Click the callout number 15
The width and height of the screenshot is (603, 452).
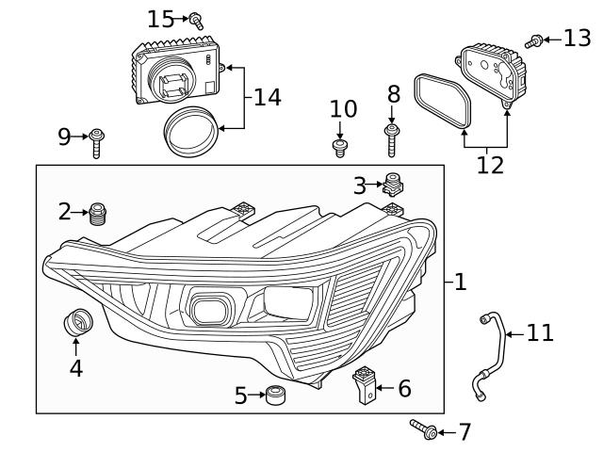tap(161, 18)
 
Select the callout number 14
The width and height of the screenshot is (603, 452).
tap(268, 97)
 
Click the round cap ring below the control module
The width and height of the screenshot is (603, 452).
tap(190, 131)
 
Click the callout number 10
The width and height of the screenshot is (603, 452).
tap(343, 109)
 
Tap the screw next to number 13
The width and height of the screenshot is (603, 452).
tap(534, 40)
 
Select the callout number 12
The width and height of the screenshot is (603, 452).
tap(489, 165)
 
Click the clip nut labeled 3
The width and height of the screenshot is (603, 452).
tap(394, 183)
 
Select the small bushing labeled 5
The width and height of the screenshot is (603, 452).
tap(275, 395)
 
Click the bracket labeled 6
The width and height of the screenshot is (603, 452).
tap(365, 385)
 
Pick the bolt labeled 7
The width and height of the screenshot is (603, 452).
tap(422, 430)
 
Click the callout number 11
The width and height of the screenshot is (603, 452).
tap(540, 332)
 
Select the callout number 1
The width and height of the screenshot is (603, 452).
tap(460, 282)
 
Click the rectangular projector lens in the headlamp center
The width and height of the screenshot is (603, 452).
tap(209, 308)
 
